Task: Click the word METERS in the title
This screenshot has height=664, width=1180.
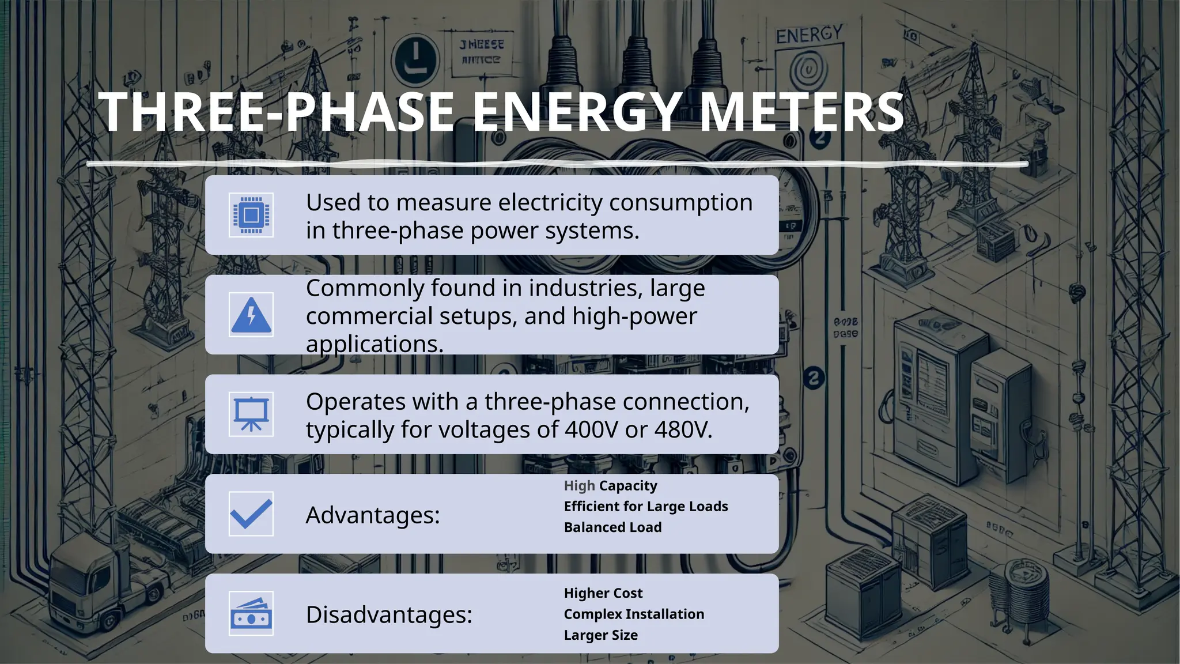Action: (x=801, y=112)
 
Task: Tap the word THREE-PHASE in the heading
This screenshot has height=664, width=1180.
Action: (x=277, y=112)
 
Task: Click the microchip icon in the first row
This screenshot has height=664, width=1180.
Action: (x=251, y=215)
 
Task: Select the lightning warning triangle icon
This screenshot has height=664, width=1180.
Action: (x=251, y=315)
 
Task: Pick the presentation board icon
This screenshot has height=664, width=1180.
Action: (x=251, y=414)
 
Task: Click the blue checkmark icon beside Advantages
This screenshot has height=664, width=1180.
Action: (x=251, y=514)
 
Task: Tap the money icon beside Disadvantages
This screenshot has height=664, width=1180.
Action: (x=251, y=613)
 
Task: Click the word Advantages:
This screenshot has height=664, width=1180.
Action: (x=373, y=515)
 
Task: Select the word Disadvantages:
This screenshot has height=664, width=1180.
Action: (x=389, y=614)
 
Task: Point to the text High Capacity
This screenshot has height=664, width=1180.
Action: (x=610, y=486)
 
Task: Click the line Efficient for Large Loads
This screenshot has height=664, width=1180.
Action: (x=646, y=507)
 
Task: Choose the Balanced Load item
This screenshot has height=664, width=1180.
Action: (x=612, y=527)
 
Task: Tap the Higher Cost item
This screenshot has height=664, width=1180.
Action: (x=603, y=593)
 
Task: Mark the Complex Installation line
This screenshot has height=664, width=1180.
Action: (x=634, y=614)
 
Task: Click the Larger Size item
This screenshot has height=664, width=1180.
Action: (x=600, y=635)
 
